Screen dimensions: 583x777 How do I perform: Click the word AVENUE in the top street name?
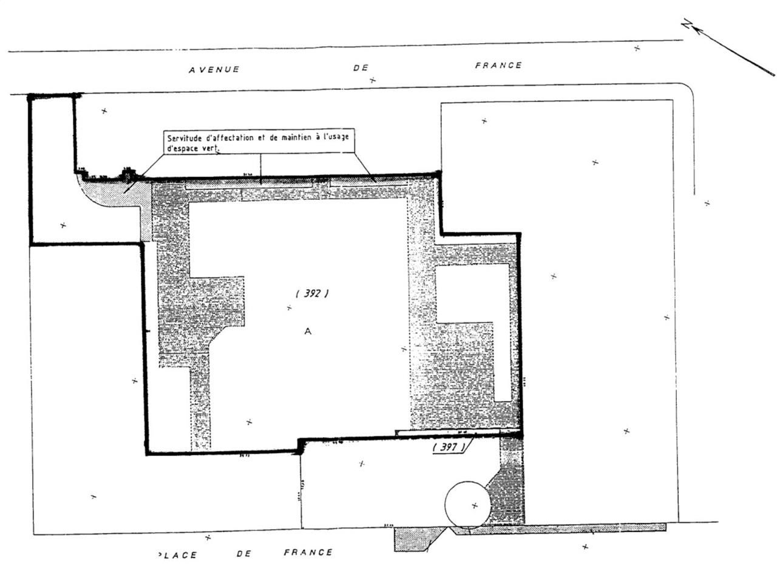[x=214, y=69]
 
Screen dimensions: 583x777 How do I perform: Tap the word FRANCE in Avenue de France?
[x=498, y=65]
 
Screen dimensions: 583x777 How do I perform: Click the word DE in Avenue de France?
[x=361, y=67]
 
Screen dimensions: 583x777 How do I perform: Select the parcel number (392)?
[x=312, y=293]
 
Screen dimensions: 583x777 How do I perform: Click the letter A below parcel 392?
[x=308, y=332]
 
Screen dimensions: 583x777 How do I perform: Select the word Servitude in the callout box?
[x=185, y=138]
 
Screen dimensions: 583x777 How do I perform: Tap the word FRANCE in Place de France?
[x=308, y=553]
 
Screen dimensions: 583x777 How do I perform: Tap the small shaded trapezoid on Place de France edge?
[x=418, y=539]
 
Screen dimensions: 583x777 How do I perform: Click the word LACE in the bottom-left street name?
[x=178, y=555]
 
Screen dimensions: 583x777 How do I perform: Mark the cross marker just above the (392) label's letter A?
[x=289, y=307]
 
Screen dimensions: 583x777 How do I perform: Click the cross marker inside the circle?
[x=474, y=505]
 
